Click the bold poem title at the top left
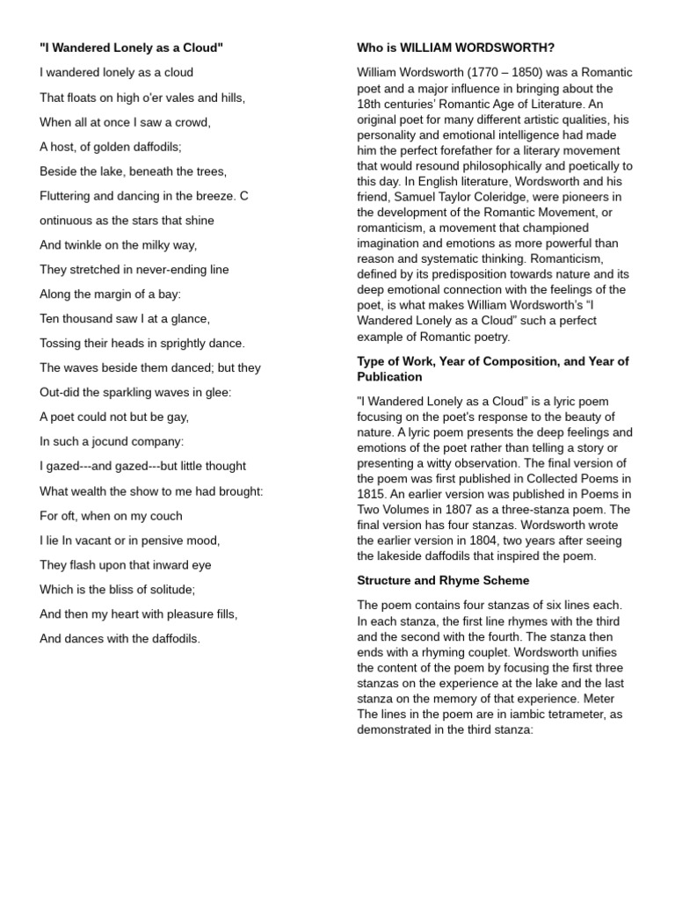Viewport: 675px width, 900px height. point(131,47)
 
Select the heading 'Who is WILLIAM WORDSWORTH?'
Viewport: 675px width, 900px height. point(455,47)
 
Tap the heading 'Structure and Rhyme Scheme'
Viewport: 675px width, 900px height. point(442,581)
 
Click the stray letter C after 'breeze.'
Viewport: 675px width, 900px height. point(244,196)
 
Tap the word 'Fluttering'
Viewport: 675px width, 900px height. point(68,196)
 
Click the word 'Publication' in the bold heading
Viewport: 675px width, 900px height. point(389,377)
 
